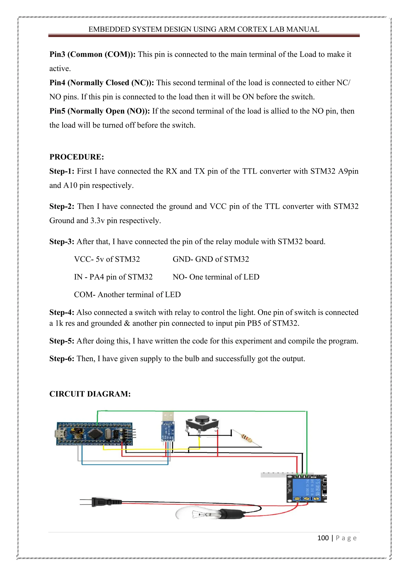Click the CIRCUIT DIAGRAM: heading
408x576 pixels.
pos(90,394)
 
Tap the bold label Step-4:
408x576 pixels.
pos(62,312)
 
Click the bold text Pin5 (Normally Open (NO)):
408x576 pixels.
pos(99,111)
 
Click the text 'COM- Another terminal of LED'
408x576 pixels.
pos(127,295)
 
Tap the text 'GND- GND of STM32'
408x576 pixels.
pos(211,259)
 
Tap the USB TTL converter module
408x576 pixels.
pos(168,430)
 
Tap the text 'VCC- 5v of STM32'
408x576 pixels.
pos(107,259)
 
